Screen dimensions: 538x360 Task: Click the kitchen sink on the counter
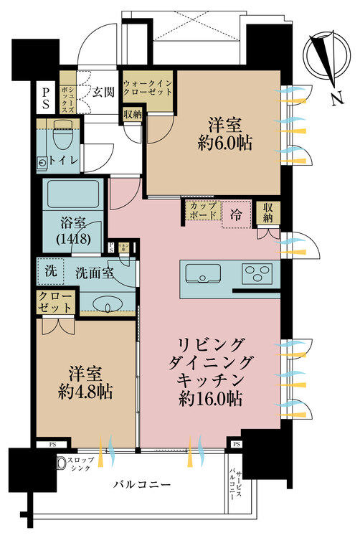[x=204, y=273]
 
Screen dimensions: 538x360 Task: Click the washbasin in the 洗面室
[x=108, y=306]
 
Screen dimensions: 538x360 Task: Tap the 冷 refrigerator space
[x=236, y=213]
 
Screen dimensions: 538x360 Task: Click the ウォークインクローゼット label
[x=147, y=88]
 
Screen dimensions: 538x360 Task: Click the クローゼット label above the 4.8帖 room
[x=55, y=302]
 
